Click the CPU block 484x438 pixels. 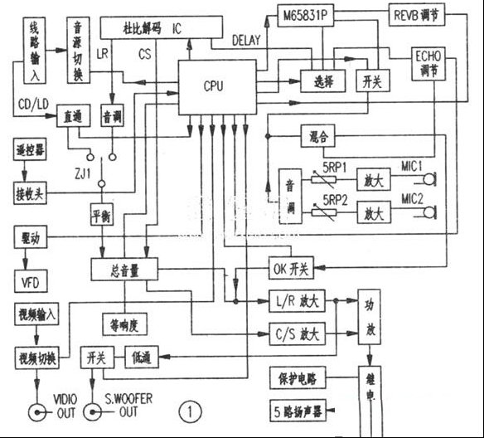click(x=213, y=86)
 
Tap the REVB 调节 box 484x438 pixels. click(x=417, y=16)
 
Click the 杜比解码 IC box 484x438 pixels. click(x=153, y=28)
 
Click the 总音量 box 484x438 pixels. click(x=123, y=268)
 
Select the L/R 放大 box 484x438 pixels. click(x=298, y=300)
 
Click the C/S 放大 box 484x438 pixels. click(x=298, y=334)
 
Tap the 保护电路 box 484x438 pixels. click(x=297, y=377)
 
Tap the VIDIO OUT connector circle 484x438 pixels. click(x=37, y=412)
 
